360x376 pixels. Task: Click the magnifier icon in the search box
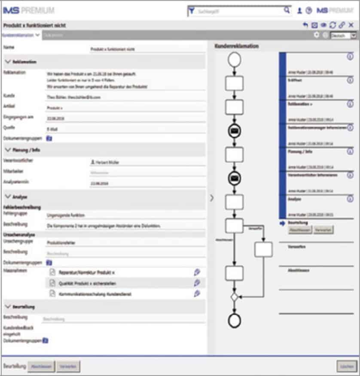pos(287,11)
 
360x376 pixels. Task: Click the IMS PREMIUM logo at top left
pos(29,10)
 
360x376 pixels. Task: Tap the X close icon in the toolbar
pos(351,26)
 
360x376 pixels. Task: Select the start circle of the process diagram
pos(234,60)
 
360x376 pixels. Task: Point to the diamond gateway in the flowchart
pos(234,297)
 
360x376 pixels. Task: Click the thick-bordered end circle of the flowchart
pos(234,320)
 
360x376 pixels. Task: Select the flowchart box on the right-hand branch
pos(263,249)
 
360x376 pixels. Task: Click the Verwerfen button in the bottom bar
pos(68,367)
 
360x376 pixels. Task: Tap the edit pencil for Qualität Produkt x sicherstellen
pos(197,283)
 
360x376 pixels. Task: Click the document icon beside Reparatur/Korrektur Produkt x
pos(52,272)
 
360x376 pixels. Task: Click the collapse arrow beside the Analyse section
pos(7,197)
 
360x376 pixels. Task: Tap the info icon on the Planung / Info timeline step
pos(350,152)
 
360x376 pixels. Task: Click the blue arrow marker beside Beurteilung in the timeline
pos(282,224)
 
